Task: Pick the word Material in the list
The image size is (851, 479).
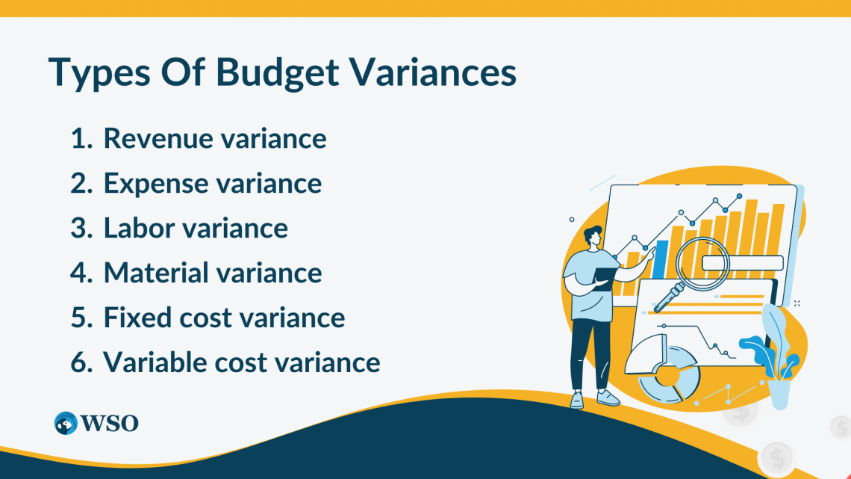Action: pos(156,273)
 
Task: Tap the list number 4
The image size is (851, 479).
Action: pos(79,273)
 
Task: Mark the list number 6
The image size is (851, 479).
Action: pos(79,362)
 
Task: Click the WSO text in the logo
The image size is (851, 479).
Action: pos(110,423)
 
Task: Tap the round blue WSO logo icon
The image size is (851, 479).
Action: pos(66,423)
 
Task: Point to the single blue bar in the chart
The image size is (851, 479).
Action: pos(660,259)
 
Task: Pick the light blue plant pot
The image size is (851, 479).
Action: pos(779,393)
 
